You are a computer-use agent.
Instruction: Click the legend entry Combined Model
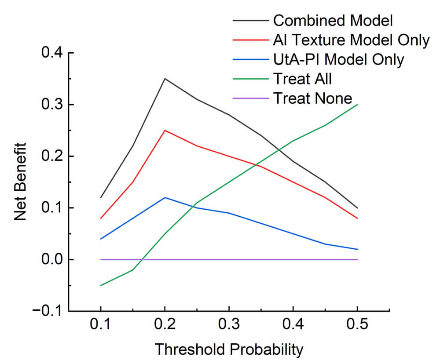[x=333, y=20]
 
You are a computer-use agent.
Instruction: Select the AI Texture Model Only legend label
[x=351, y=40]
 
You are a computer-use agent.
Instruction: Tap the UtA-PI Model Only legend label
[x=338, y=59]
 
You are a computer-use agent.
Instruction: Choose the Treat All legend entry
[x=302, y=79]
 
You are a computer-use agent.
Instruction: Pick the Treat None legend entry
[x=312, y=98]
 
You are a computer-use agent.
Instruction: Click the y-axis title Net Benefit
[x=22, y=182]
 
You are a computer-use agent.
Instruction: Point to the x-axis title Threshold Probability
[x=229, y=349]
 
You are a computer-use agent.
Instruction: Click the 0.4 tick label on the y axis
[x=52, y=53]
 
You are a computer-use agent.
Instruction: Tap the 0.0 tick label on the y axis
[x=52, y=260]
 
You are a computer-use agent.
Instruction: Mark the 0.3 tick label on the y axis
[x=52, y=105]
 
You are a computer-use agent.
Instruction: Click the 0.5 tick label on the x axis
[x=357, y=326]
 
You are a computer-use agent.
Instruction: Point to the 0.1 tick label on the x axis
[x=101, y=326]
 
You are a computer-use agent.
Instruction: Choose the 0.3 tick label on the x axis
[x=229, y=326]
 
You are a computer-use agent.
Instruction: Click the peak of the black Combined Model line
[x=165, y=79]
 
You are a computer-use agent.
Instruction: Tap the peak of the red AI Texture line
[x=165, y=130]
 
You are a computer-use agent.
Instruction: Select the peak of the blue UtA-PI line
[x=165, y=197]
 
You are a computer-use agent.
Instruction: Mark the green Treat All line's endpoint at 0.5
[x=357, y=105]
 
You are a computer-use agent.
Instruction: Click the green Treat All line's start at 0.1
[x=101, y=286]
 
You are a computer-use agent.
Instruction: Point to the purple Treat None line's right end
[x=357, y=260]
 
